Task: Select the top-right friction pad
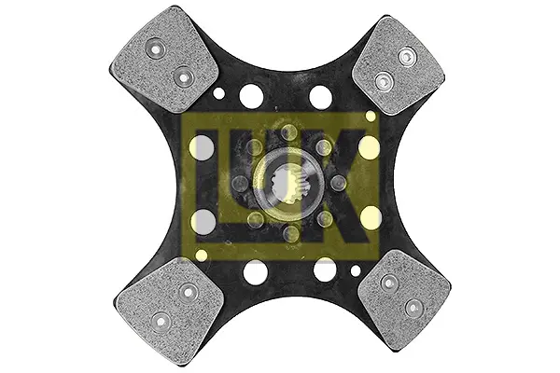[399, 65]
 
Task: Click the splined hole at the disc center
[286, 185]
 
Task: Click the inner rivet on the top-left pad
[183, 76]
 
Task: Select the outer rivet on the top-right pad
[407, 57]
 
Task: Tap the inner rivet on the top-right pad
[384, 81]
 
